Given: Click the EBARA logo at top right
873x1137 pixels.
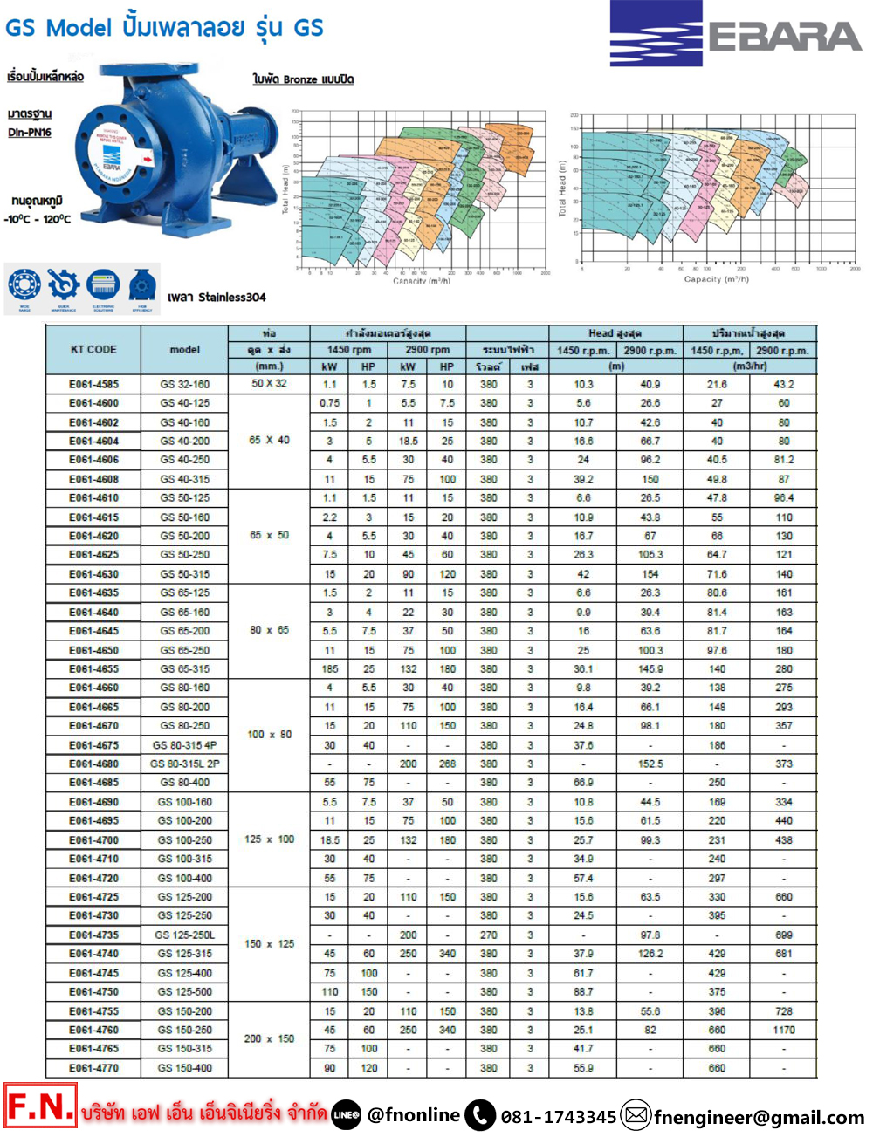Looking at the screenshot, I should coord(736,34).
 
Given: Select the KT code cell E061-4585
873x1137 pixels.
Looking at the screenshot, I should coord(93,384).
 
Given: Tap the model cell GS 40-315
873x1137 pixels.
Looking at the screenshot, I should coord(184,479).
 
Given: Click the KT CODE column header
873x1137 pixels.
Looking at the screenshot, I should coord(93,349).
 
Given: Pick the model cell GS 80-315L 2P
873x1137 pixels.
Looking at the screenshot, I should coord(184,764).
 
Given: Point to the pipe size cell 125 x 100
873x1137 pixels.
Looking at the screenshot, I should coord(269,839).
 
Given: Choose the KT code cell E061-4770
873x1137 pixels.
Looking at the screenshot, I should coord(93,1068).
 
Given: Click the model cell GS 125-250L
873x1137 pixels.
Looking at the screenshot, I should coord(184,935).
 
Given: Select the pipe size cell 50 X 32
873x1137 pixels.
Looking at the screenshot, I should coord(269,384).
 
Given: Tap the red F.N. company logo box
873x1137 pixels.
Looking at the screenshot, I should coord(40,1106).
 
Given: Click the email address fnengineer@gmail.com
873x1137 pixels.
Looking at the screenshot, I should coord(759,1117).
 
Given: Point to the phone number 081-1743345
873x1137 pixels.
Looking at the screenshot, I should coord(558,1117).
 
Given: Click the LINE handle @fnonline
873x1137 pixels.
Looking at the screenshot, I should coord(413,1115).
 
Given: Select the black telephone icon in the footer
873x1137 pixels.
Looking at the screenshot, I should coord(480,1115).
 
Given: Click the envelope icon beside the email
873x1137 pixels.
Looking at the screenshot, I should coord(636,1115).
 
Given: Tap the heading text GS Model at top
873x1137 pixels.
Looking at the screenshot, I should coord(58,28).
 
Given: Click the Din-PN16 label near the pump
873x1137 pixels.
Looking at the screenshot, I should coord(30,133).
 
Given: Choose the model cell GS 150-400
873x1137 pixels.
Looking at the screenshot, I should coord(184,1068).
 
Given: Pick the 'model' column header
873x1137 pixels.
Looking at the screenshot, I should coord(184,349).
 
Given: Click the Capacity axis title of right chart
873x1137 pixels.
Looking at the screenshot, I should coord(716,279).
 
